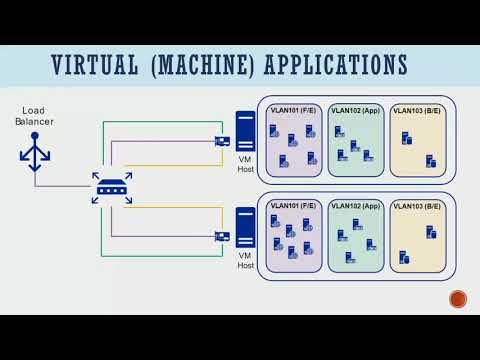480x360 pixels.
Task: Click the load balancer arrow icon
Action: (x=33, y=151)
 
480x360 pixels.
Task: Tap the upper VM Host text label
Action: (x=246, y=164)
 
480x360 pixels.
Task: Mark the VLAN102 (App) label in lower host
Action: (x=356, y=205)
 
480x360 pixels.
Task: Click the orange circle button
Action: (x=458, y=298)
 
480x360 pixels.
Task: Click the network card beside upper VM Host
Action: (x=222, y=141)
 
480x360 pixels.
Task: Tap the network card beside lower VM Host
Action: (x=222, y=237)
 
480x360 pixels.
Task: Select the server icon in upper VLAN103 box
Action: (x=431, y=160)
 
